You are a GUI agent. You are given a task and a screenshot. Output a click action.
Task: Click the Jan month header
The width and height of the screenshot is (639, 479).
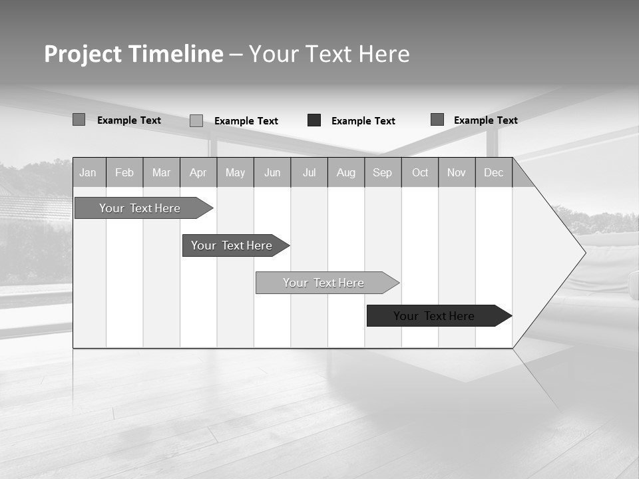[x=88, y=173]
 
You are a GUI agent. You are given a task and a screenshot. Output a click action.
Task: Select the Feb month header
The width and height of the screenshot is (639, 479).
[x=124, y=173]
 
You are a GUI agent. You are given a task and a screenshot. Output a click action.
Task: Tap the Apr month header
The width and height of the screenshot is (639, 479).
[x=198, y=173]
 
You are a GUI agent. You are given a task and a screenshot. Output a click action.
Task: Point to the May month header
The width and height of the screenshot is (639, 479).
[x=235, y=173]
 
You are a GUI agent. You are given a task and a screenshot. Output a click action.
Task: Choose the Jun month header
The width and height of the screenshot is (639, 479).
[x=272, y=173]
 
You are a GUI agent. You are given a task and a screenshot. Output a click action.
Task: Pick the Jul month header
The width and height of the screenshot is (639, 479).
[x=309, y=173]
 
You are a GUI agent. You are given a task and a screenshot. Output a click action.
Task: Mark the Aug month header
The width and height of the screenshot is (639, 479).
[x=346, y=173]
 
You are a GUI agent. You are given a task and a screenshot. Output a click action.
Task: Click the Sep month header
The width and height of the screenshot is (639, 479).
[x=383, y=173]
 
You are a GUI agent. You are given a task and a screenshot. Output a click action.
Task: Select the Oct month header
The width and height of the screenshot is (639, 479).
[x=420, y=173]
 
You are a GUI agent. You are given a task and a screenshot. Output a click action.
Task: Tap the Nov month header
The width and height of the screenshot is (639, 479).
[x=457, y=173]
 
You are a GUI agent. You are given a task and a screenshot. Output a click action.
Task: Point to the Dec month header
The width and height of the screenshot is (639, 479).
[x=494, y=173]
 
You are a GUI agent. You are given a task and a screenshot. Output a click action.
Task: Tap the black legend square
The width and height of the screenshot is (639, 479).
[x=314, y=120]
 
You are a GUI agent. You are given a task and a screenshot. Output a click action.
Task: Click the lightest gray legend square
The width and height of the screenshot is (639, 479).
[x=196, y=120]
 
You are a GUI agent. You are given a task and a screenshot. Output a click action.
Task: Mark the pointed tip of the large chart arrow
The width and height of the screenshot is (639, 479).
[x=584, y=253]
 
